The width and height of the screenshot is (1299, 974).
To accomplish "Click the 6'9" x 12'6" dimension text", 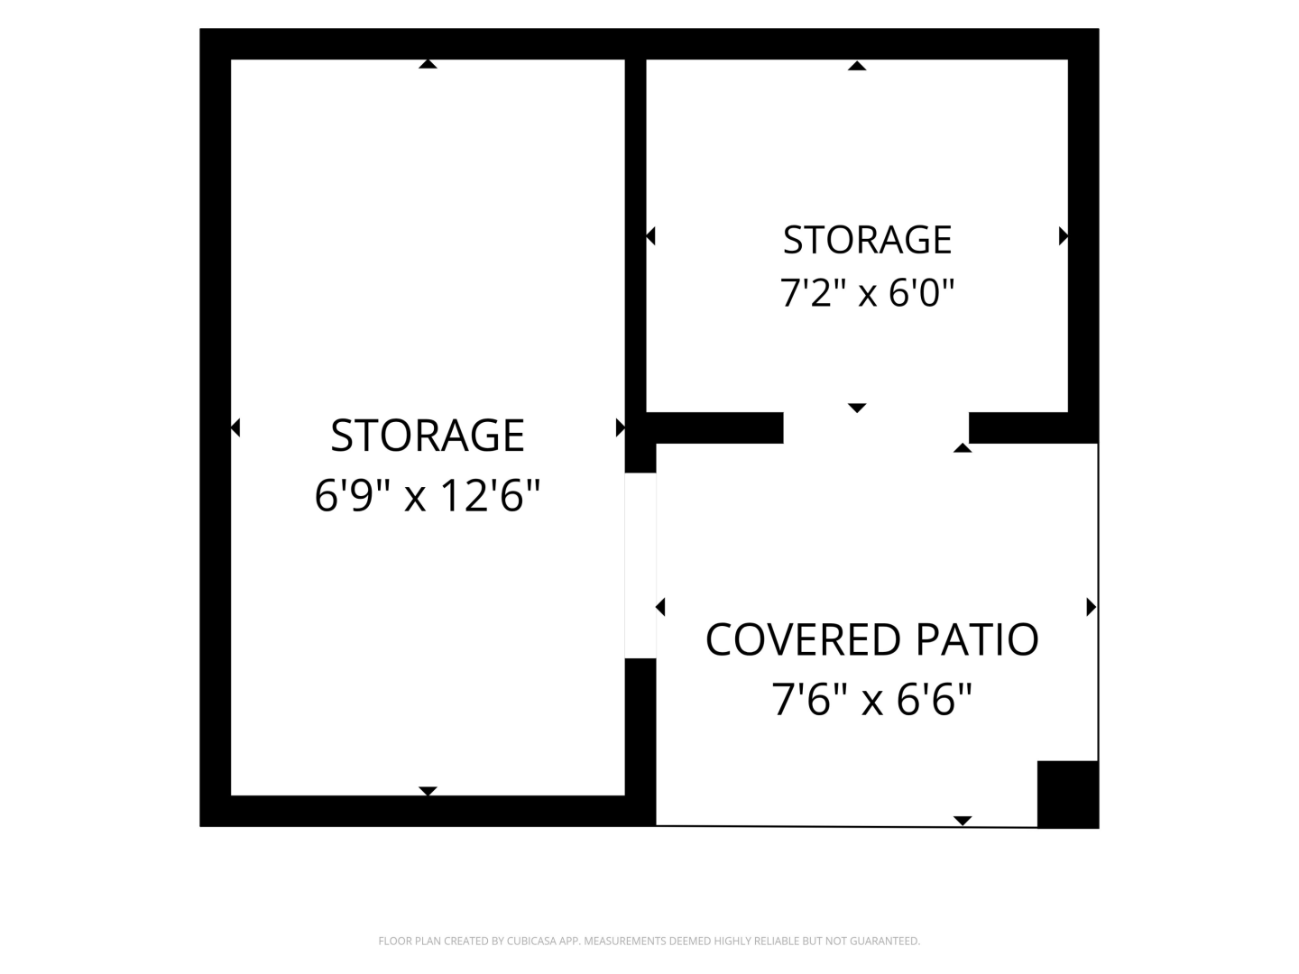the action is pyautogui.click(x=428, y=495).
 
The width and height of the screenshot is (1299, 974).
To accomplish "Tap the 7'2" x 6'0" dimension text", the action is pyautogui.click(x=867, y=293).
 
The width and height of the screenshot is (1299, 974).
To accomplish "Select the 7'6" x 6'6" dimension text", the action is pyautogui.click(x=872, y=700).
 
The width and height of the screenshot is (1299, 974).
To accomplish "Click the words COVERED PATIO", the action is pyautogui.click(x=872, y=640).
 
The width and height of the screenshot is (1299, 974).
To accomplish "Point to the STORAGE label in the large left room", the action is pyautogui.click(x=428, y=436).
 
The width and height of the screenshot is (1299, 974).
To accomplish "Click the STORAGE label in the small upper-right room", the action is pyautogui.click(x=867, y=240).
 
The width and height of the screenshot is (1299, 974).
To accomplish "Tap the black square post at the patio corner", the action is pyautogui.click(x=1067, y=795).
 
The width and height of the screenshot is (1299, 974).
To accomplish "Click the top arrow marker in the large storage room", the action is pyautogui.click(x=428, y=64).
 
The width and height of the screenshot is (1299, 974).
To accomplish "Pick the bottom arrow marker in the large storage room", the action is pyautogui.click(x=428, y=791).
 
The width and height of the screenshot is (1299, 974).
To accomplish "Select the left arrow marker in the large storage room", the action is pyautogui.click(x=235, y=427).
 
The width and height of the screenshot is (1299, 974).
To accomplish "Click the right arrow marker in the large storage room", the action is pyautogui.click(x=621, y=427).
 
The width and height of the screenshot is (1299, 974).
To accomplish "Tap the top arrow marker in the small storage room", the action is pyautogui.click(x=857, y=66).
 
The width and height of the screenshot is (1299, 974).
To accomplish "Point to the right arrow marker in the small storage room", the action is pyautogui.click(x=1064, y=236).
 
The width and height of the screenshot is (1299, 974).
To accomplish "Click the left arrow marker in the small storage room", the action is pyautogui.click(x=650, y=236).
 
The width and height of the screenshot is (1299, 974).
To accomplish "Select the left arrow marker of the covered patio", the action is pyautogui.click(x=660, y=607).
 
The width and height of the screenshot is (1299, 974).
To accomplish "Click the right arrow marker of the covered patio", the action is pyautogui.click(x=1092, y=607).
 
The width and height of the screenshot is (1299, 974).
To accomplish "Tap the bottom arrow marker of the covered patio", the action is pyautogui.click(x=963, y=821).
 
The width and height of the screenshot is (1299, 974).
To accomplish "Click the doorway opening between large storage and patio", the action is pyautogui.click(x=640, y=565).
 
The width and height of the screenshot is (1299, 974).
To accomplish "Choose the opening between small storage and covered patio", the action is pyautogui.click(x=876, y=427).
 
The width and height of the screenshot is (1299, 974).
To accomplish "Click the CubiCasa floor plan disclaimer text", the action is pyautogui.click(x=649, y=941).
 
